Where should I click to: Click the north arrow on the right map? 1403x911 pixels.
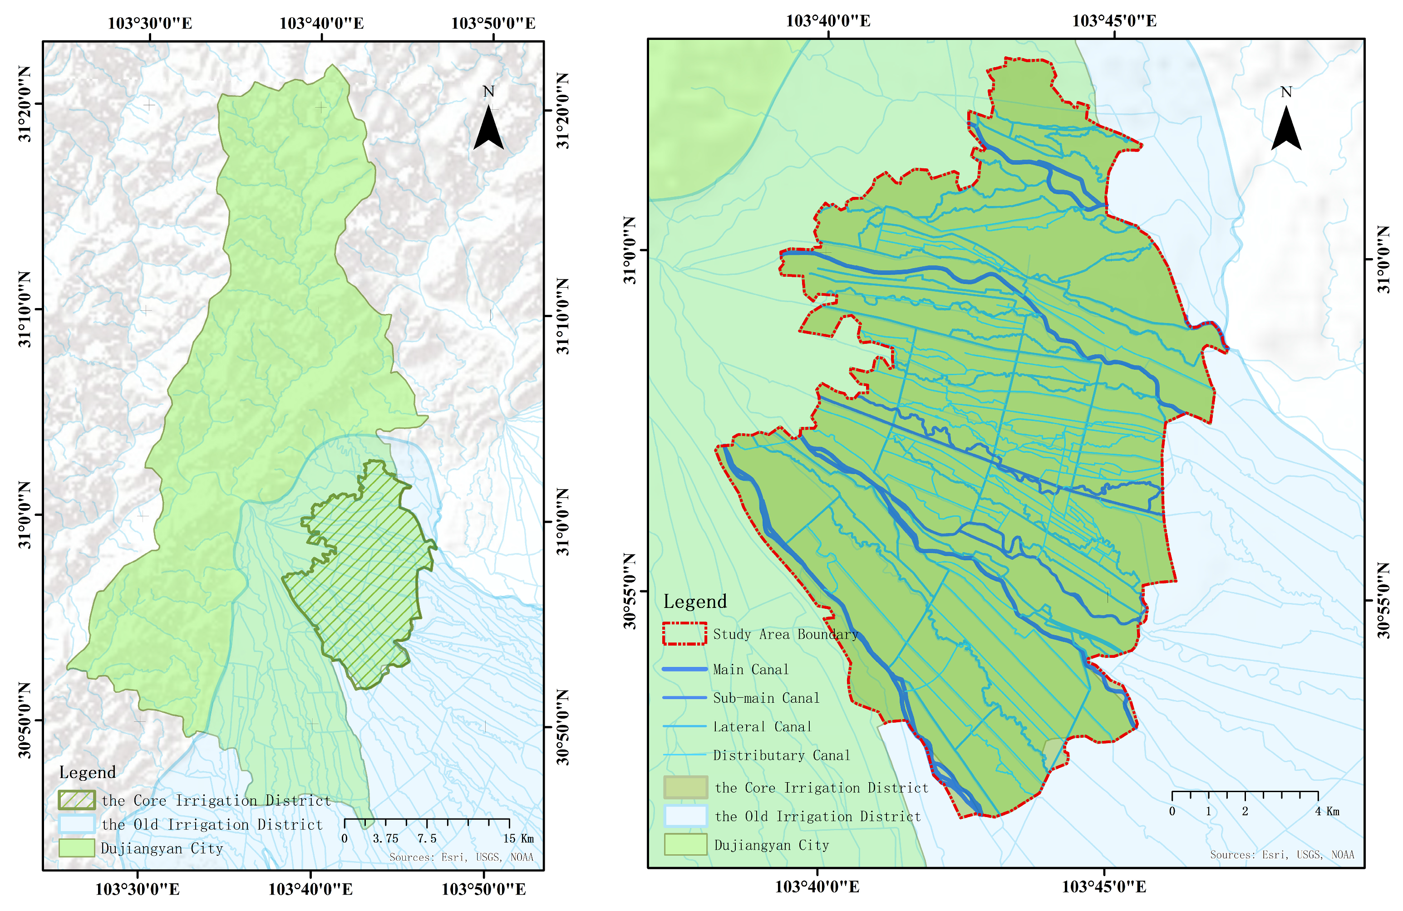1286,128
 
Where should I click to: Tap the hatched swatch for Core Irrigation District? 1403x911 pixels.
77,800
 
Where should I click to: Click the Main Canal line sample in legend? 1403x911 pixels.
684,669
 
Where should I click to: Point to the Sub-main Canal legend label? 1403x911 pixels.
766,698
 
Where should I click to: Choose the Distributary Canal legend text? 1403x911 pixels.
781,755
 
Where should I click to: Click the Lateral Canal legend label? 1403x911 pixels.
762,726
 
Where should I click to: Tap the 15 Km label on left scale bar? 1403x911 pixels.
518,838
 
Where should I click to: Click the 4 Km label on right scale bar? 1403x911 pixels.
1327,811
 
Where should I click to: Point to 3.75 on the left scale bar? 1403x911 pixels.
385,838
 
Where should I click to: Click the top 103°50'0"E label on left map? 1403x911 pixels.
493,23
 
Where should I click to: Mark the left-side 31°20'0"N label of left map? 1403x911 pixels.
25,104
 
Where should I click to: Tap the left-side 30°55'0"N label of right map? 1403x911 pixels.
630,591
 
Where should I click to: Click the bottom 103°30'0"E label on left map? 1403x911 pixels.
138,889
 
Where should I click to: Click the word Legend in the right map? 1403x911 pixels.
695,601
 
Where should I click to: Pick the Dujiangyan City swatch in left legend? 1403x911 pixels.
77,848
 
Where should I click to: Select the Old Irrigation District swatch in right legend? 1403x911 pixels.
685,816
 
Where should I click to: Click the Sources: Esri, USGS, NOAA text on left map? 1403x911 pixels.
461,857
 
